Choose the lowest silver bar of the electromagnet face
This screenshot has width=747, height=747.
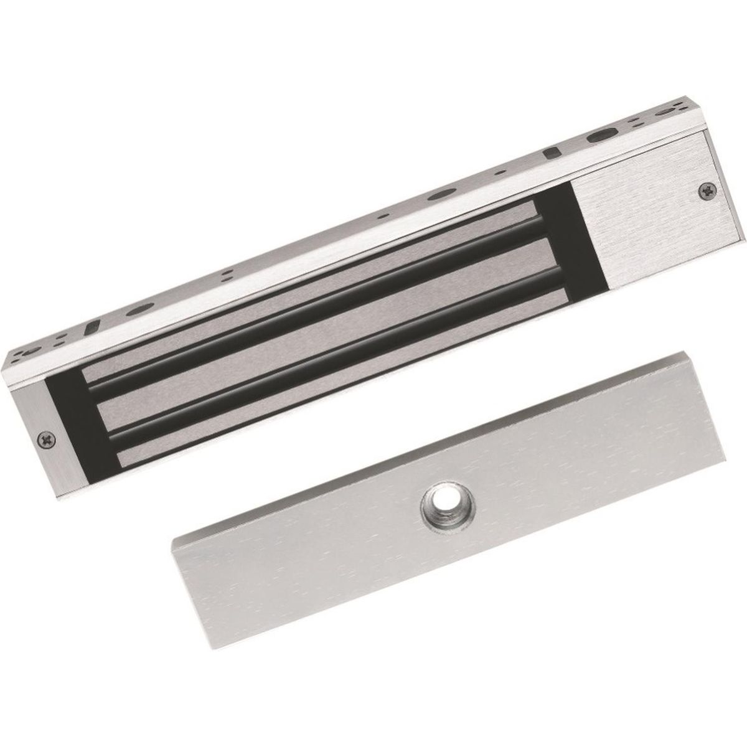(x=342, y=374)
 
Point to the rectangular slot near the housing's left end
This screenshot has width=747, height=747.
(x=92, y=326)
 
